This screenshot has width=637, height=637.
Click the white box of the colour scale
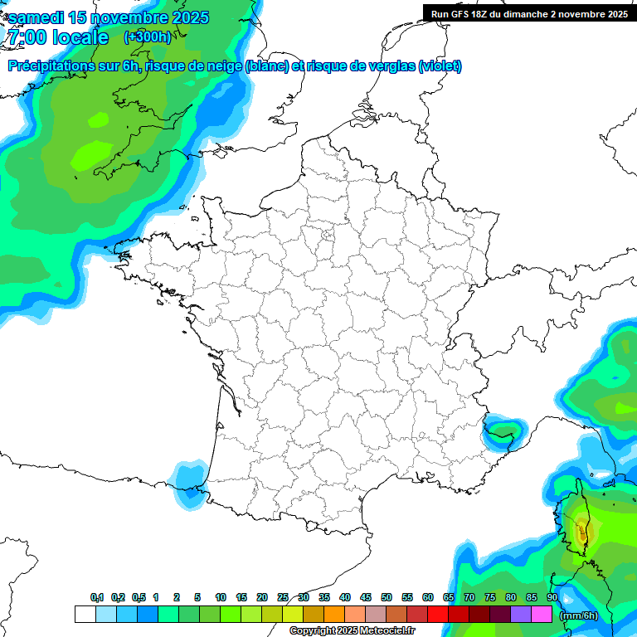[x=85, y=614]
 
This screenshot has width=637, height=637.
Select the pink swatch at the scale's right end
[x=542, y=614]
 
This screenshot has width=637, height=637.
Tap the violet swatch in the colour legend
[x=521, y=614]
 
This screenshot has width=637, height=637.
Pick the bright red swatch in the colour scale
[x=438, y=614]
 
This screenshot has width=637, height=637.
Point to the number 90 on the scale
[x=552, y=597]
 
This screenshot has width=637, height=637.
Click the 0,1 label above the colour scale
[x=97, y=597]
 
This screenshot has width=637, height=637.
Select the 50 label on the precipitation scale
[x=387, y=597]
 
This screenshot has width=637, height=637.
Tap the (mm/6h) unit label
[x=579, y=615]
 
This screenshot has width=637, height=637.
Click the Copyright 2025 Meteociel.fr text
[x=352, y=631]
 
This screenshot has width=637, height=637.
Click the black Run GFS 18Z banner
[x=529, y=13]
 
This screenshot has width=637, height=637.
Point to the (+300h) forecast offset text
[x=148, y=36]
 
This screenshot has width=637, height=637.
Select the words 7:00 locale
[x=58, y=37]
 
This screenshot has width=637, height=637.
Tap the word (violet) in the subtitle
[x=440, y=66]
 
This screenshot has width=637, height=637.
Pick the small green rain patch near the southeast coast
[x=503, y=430]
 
